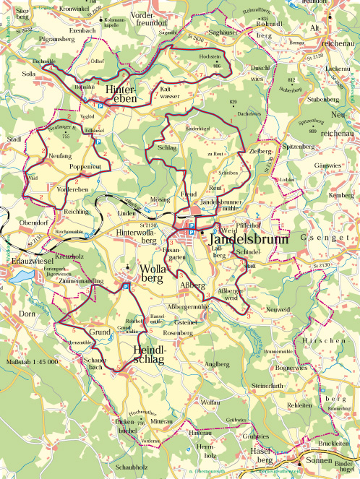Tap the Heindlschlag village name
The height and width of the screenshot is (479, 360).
150,355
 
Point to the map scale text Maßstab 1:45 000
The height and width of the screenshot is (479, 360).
32,361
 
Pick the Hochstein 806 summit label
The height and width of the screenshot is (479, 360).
210,59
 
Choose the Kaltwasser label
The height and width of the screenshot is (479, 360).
169,92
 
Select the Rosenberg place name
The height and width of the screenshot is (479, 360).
179,333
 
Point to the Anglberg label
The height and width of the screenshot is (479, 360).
217,364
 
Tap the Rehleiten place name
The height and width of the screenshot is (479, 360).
299,406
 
